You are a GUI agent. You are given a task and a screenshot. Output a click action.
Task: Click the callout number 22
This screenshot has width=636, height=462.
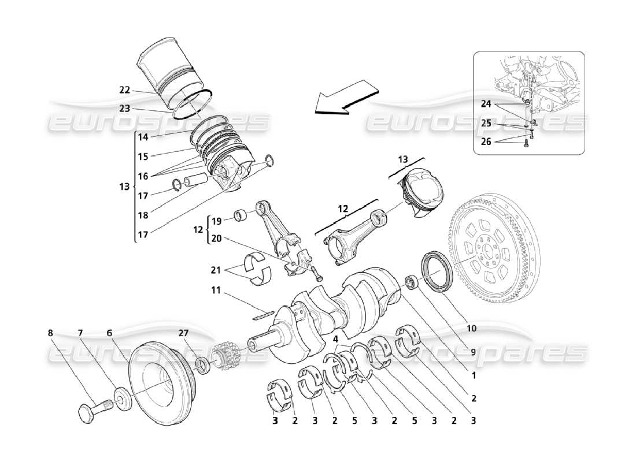[x=125, y=90]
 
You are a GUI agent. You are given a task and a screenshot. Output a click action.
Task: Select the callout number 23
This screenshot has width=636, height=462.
[x=125, y=108]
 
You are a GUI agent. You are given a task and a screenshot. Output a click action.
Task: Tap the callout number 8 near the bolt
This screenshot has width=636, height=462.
[x=50, y=333]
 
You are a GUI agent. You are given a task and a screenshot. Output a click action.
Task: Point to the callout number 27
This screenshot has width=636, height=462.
[x=183, y=333]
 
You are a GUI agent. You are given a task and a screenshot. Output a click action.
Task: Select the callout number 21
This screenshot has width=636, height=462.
[x=215, y=270]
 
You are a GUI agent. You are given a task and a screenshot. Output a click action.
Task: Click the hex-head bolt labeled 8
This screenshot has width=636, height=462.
[x=93, y=411]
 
